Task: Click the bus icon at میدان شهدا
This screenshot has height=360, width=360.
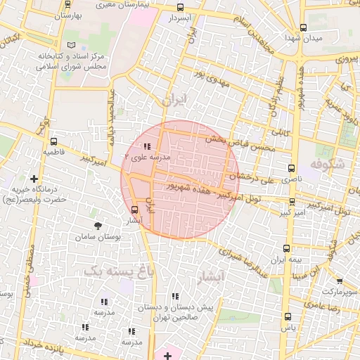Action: (x=304, y=28)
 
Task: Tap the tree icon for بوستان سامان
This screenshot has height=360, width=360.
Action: (x=98, y=226)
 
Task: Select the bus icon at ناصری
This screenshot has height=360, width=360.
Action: (x=292, y=169)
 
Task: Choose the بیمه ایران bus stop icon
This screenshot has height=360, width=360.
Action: (x=286, y=248)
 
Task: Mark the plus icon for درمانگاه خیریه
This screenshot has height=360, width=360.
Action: (x=34, y=179)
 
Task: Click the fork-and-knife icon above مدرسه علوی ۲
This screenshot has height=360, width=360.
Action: (x=146, y=146)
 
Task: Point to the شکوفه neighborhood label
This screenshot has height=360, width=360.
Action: (x=328, y=165)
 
